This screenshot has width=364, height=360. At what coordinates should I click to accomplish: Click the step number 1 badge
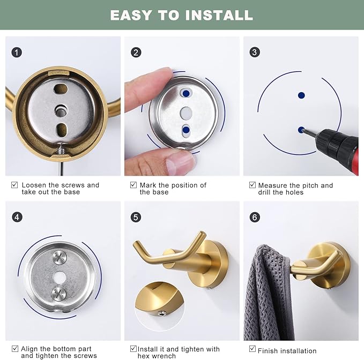coord(17,52)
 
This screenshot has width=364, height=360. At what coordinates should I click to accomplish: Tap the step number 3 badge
coord(255,52)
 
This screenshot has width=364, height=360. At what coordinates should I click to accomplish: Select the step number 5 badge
coord(136,217)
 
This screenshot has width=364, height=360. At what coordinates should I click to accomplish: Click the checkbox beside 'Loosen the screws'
coord(14,185)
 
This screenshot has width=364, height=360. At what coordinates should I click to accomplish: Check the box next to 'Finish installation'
coord(252,349)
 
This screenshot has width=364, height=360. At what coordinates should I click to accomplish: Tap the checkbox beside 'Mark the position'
coord(133,185)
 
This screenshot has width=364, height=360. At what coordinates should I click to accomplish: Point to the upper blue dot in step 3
coord(301,95)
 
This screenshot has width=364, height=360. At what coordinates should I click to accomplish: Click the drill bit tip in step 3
coord(302,131)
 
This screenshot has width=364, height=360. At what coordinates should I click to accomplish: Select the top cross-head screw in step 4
coord(60,257)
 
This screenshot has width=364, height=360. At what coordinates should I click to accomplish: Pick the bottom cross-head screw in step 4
coord(59,294)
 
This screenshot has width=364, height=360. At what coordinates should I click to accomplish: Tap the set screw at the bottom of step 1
coord(61,150)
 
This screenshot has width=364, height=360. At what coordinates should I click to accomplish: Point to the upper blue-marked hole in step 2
coord(186,93)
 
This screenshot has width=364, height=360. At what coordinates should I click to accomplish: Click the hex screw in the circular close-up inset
coord(161,314)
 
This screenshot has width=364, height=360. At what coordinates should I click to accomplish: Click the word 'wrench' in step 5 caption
coord(165,356)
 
